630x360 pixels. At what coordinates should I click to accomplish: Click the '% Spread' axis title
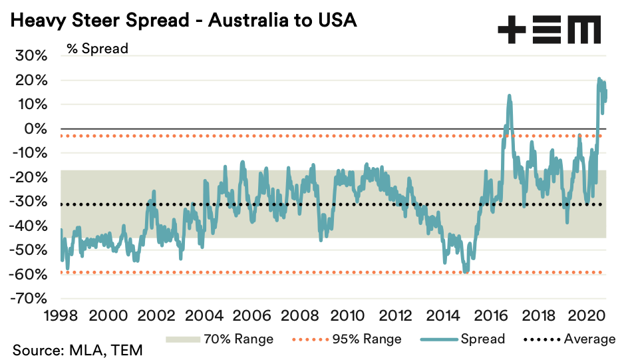[x=97, y=48]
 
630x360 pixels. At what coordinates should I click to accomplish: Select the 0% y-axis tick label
[x=35, y=128]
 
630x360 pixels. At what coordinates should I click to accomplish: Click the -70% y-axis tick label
[x=29, y=298]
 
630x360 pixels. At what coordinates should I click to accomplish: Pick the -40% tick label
[x=29, y=226]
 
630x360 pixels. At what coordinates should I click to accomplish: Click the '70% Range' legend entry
[x=219, y=339]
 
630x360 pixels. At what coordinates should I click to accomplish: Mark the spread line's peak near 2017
[x=509, y=96]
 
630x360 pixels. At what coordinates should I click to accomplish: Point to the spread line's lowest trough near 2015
[x=466, y=271]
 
